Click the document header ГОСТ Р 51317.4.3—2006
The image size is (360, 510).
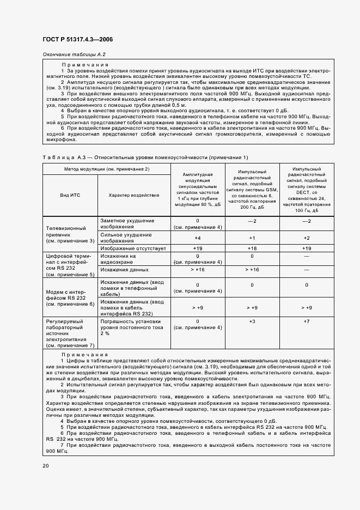(77, 40)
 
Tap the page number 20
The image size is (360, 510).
(45, 465)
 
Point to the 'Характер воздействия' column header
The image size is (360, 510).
(133, 195)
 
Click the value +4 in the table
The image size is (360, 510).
(197, 238)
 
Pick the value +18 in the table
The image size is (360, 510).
(252, 248)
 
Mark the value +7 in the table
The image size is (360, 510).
(306, 321)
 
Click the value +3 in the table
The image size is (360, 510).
(252, 321)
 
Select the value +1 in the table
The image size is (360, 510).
(252, 238)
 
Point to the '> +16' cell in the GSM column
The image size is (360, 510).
(252, 269)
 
